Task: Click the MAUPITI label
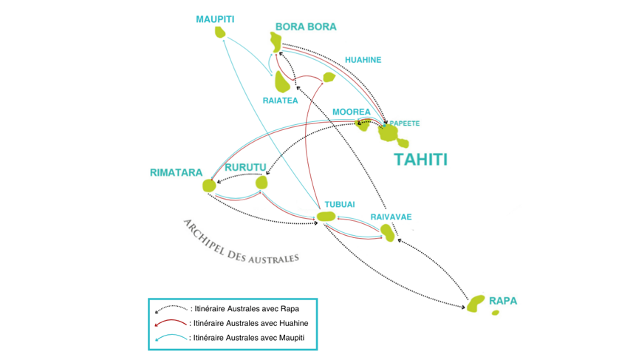click(x=214, y=18)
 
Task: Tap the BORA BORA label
click(x=305, y=27)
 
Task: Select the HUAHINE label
click(x=363, y=60)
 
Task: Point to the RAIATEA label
click(x=280, y=101)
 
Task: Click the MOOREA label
click(x=351, y=112)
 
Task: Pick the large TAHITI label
click(x=420, y=159)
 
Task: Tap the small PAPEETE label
click(x=404, y=123)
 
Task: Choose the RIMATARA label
click(x=176, y=173)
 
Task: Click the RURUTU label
click(x=245, y=167)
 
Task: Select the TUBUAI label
click(x=340, y=205)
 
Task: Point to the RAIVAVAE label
click(x=391, y=217)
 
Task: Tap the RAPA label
click(x=503, y=301)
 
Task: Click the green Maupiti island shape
click(x=220, y=32)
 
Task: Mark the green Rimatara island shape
click(x=209, y=186)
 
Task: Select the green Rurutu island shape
click(x=261, y=182)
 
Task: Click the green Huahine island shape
click(x=329, y=77)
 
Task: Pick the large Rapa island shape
click(x=476, y=302)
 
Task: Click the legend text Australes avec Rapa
click(x=244, y=308)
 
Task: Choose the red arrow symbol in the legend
click(x=171, y=323)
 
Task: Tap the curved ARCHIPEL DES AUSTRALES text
click(x=240, y=243)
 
